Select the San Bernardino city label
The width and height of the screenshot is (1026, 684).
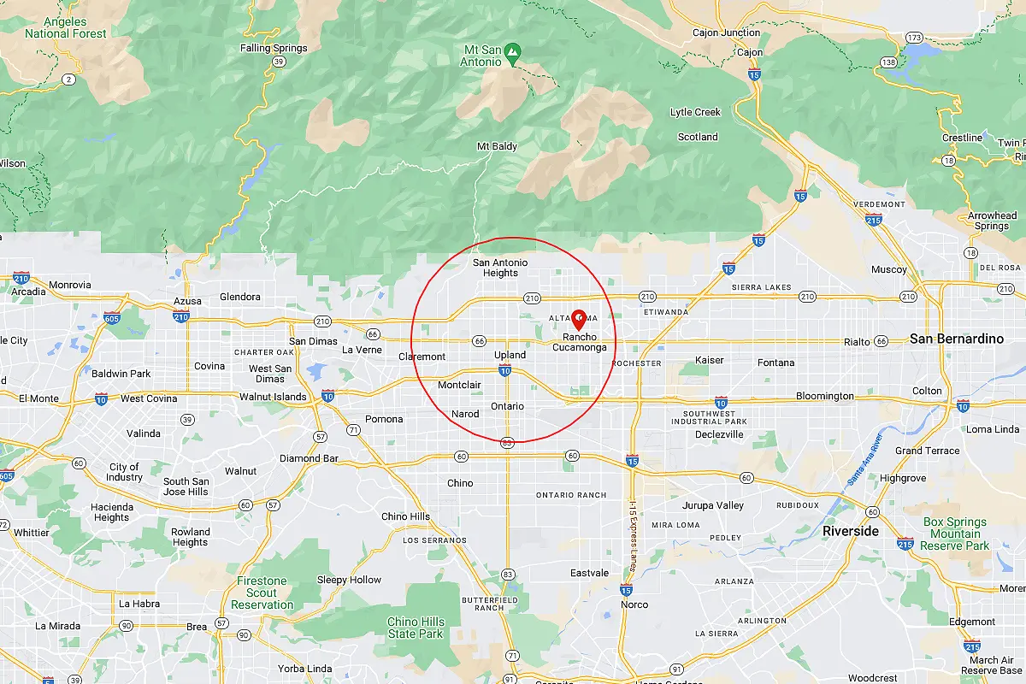click(x=956, y=339)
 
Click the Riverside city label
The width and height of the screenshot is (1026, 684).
click(x=850, y=531)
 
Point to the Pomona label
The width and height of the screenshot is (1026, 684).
click(x=383, y=419)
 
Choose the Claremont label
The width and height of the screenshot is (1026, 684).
click(x=422, y=357)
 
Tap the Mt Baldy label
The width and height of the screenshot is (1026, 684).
click(x=497, y=146)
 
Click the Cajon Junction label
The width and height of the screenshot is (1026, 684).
click(x=727, y=32)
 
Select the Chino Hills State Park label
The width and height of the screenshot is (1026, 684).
click(x=416, y=628)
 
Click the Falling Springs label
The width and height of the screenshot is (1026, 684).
click(x=274, y=48)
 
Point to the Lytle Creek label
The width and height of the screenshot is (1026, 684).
click(x=695, y=112)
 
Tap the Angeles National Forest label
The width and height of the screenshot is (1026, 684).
click(x=66, y=27)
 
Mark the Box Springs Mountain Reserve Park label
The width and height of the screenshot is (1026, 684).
click(x=955, y=534)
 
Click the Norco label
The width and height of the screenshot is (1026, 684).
click(x=634, y=604)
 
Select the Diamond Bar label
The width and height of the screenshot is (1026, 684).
click(x=309, y=458)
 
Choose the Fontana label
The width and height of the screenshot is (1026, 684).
click(x=775, y=363)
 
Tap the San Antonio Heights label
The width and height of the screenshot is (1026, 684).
click(x=500, y=268)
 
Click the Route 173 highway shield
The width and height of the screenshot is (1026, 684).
click(x=914, y=38)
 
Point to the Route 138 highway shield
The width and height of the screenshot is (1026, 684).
click(x=889, y=62)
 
